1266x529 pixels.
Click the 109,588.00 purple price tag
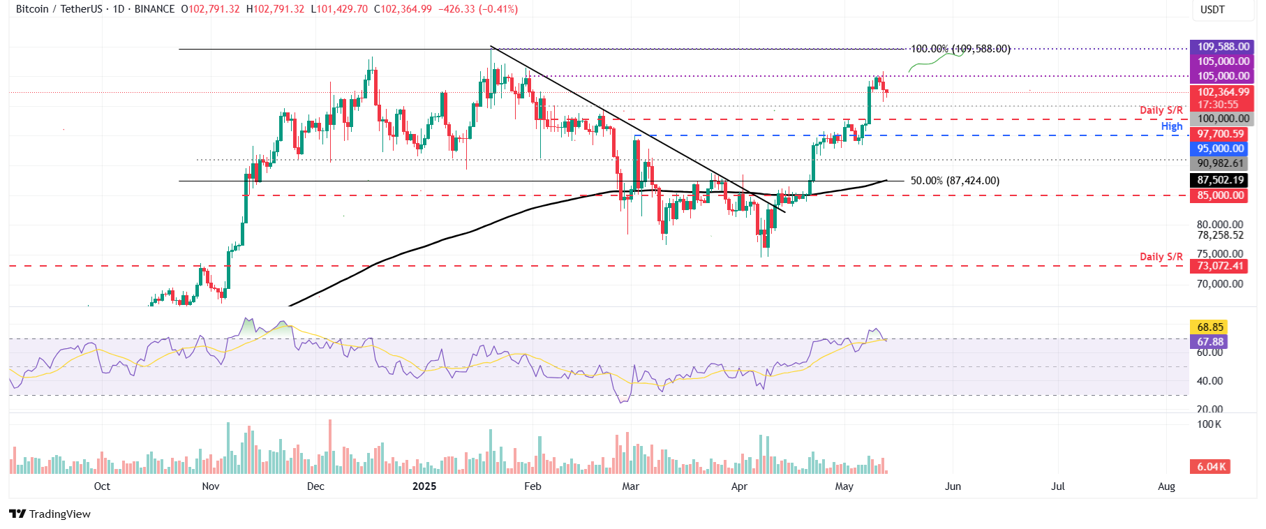(x=1223, y=47)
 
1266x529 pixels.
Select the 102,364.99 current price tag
(x=1223, y=92)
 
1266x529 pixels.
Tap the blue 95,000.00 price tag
(x=1220, y=149)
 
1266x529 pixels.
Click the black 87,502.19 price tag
(x=1220, y=180)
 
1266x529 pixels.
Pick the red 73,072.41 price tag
(x=1220, y=266)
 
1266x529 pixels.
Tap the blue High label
(x=1172, y=126)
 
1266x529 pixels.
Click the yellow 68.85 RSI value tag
(x=1209, y=327)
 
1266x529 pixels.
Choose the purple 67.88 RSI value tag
(x=1209, y=342)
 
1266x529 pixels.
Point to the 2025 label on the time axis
(x=424, y=486)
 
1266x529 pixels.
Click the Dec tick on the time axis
(x=315, y=486)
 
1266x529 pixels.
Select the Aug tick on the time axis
(x=1166, y=486)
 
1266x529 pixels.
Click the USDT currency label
(x=1212, y=10)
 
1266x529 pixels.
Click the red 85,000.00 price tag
(x=1220, y=195)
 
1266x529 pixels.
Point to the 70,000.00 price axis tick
(x=1219, y=284)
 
